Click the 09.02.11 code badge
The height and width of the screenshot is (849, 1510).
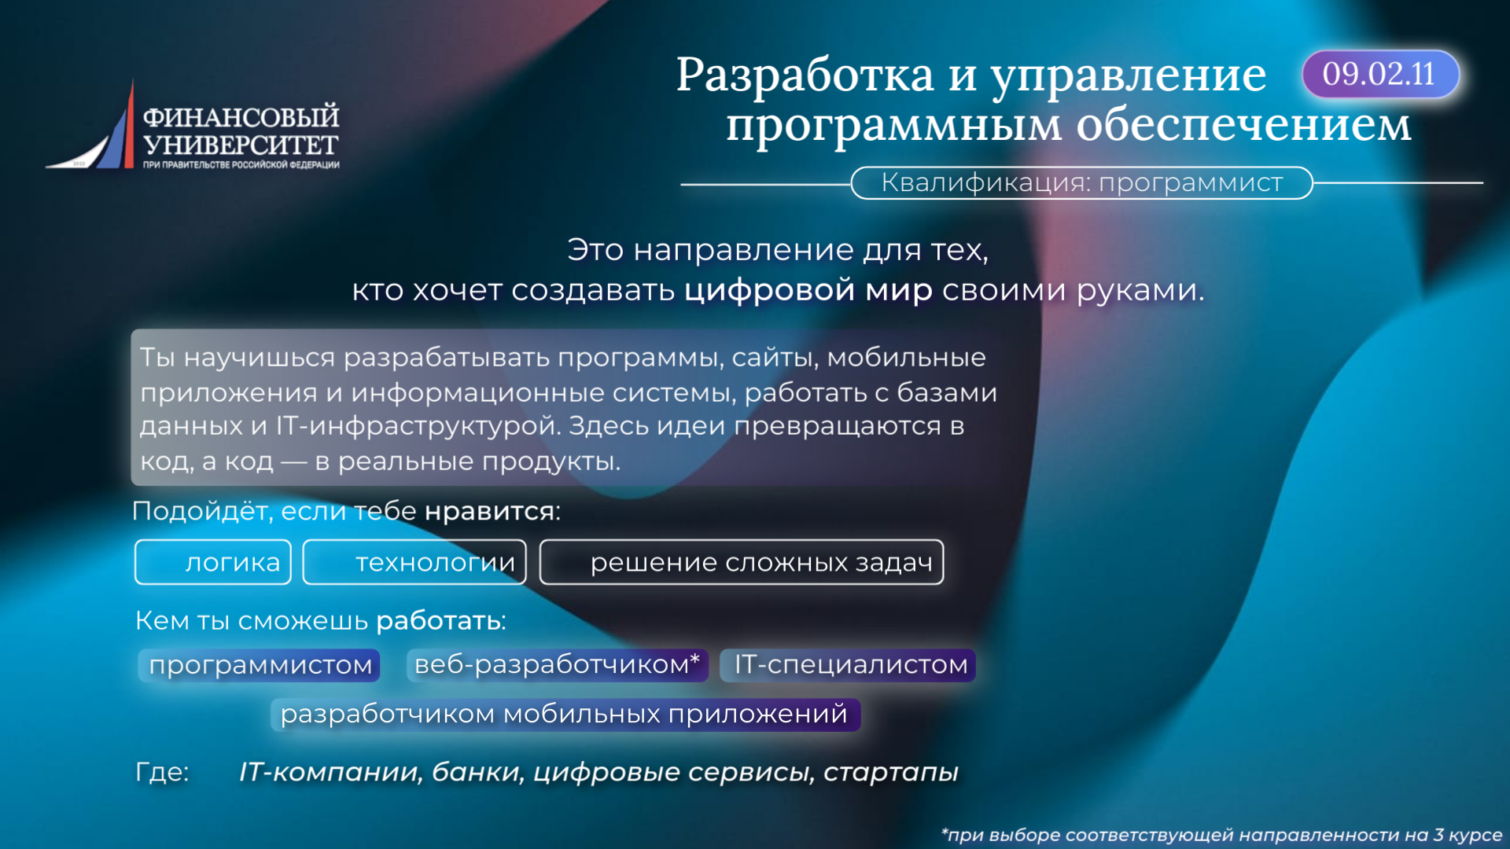1380,75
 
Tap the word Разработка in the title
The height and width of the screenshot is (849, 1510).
805,76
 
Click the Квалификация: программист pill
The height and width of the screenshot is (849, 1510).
1081,182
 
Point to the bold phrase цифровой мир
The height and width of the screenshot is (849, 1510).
808,291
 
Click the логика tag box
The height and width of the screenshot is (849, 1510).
213,562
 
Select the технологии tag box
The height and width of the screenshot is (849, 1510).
414,562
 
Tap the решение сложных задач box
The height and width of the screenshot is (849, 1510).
742,562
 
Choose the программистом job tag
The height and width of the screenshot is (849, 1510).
260,665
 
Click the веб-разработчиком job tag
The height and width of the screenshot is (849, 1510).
558,665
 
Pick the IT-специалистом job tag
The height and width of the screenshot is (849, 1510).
849,665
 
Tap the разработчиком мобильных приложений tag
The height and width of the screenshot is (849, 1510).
565,715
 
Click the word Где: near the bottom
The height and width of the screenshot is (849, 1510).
162,772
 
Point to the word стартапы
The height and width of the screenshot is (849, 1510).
891,773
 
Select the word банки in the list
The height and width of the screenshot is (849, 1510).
477,772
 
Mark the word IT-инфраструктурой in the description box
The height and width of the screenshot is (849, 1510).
418,426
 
